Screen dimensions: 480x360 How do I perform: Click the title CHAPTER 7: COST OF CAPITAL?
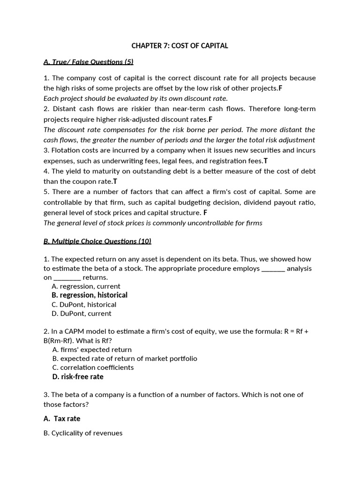click(180, 46)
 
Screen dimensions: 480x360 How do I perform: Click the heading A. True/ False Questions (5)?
click(89, 62)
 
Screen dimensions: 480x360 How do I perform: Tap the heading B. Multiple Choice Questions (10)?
click(97, 241)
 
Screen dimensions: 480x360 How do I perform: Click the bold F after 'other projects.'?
click(280, 88)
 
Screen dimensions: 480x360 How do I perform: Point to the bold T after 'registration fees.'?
click(266, 161)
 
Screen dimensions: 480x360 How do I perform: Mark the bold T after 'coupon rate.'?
click(115, 181)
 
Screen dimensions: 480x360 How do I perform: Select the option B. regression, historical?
click(90, 295)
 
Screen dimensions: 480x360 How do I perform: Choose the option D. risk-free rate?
click(78, 377)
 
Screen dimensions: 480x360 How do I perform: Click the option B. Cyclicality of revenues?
click(83, 433)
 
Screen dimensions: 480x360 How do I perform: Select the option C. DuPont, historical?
click(84, 305)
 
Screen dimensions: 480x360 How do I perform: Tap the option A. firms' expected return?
click(92, 350)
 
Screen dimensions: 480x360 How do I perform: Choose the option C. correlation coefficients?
click(93, 367)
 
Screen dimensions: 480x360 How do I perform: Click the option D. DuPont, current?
click(82, 314)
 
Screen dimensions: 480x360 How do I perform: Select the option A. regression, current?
click(86, 286)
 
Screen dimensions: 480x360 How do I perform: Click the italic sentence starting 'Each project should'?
click(135, 98)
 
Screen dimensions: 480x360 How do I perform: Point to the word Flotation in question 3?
click(66, 150)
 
